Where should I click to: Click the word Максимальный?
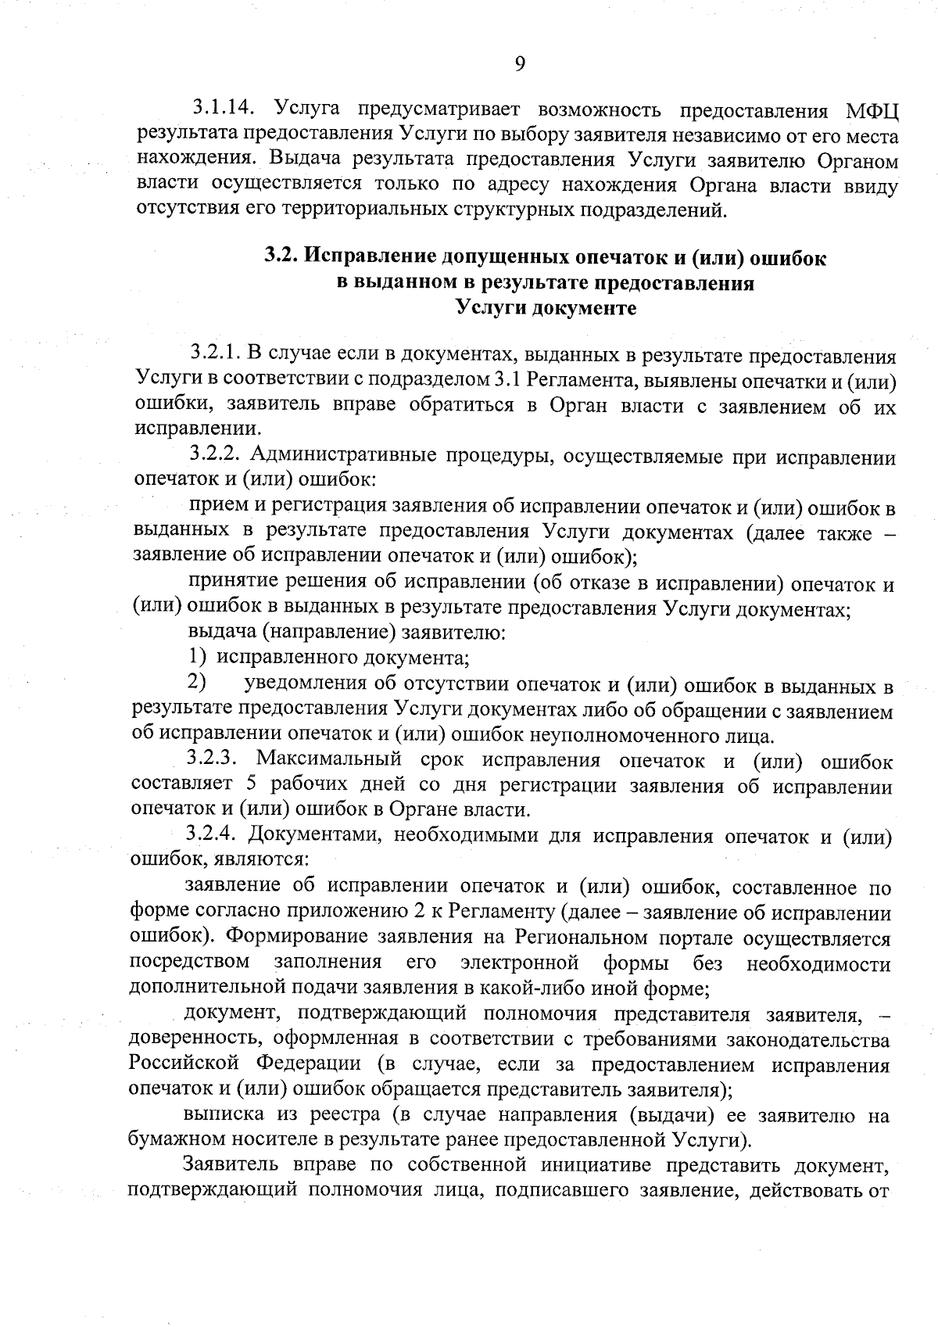pyautogui.click(x=328, y=760)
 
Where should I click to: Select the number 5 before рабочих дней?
pyautogui.click(x=242, y=785)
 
